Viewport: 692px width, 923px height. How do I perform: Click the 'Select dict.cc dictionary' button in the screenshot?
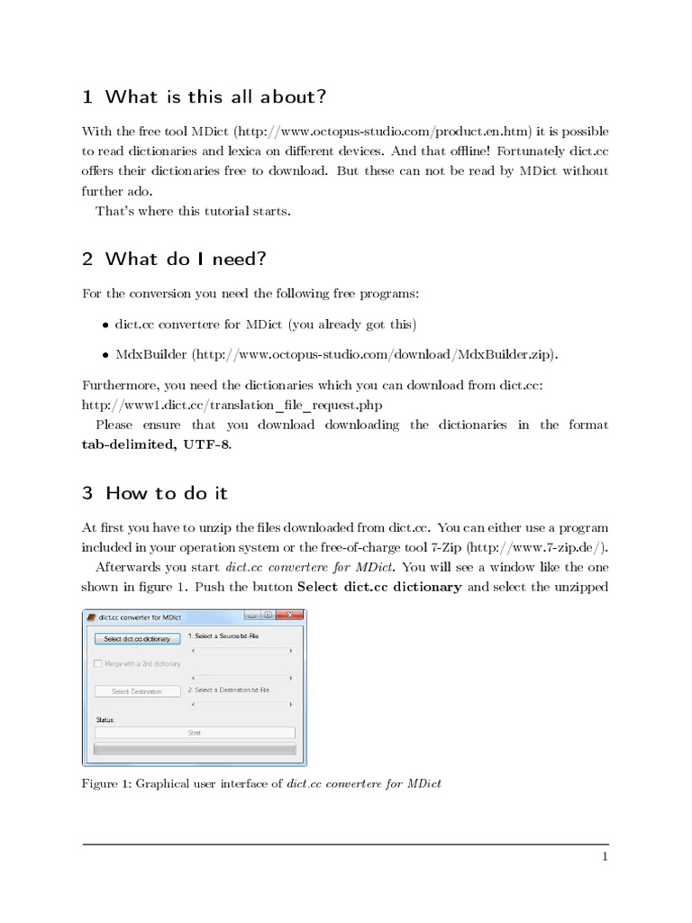click(136, 638)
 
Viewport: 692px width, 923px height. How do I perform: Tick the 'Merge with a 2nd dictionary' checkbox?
click(98, 663)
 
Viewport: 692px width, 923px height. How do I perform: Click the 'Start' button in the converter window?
click(195, 733)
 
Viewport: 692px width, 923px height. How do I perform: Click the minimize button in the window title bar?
click(253, 616)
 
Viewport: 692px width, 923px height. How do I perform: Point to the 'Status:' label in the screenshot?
click(106, 719)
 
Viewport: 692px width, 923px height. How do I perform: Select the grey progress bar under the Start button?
click(195, 749)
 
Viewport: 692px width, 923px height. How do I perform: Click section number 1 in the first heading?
click(87, 96)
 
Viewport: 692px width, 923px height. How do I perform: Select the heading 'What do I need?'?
click(186, 260)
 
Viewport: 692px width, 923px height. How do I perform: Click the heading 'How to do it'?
click(167, 493)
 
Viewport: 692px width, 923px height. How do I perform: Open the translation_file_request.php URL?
click(225, 405)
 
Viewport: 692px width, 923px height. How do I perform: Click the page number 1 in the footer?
click(605, 857)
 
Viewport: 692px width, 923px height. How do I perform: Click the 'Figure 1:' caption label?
click(107, 783)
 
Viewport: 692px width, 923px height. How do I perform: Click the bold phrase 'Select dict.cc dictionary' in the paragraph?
click(379, 587)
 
